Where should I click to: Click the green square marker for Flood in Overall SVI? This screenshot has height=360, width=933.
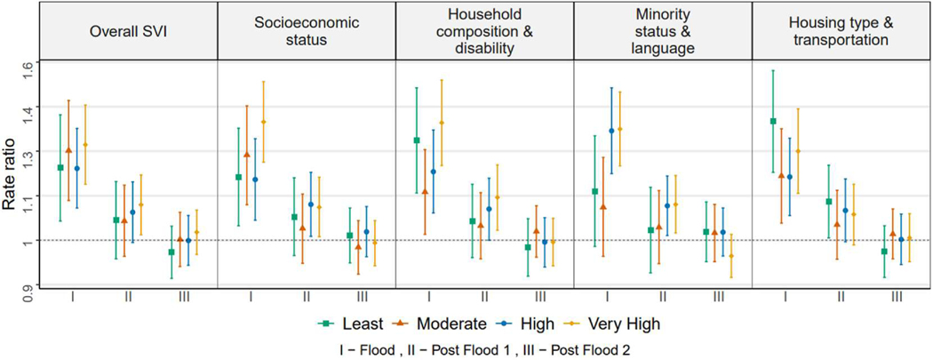pyautogui.click(x=60, y=167)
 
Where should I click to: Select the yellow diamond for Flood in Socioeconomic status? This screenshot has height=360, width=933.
pyautogui.click(x=263, y=122)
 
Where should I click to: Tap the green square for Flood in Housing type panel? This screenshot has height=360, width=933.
pyautogui.click(x=773, y=121)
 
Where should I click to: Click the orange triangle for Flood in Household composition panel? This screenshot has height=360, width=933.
pyautogui.click(x=427, y=191)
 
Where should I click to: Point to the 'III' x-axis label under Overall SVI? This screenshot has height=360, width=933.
pyautogui.click(x=184, y=297)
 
